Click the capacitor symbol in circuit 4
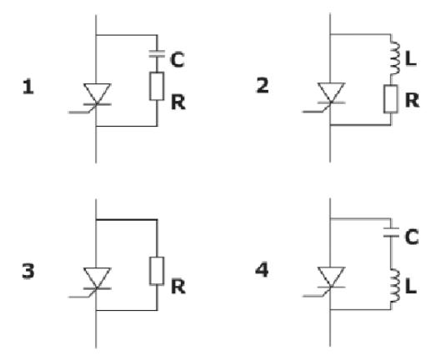tap(390, 235)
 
